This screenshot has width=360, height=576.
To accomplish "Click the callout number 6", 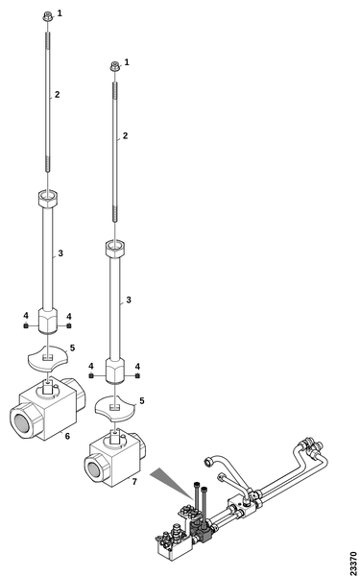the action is pyautogui.click(x=67, y=436).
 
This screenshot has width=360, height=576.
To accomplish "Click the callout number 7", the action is pyautogui.click(x=134, y=481).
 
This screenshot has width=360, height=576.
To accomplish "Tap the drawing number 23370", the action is pyautogui.click(x=353, y=563).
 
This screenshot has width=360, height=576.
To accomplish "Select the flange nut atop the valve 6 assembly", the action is pyautogui.click(x=47, y=16).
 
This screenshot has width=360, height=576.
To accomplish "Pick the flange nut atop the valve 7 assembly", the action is pyautogui.click(x=115, y=66).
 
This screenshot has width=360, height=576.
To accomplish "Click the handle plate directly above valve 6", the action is pyautogui.click(x=47, y=357).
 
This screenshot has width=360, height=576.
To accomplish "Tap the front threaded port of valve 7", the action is pyautogui.click(x=95, y=468).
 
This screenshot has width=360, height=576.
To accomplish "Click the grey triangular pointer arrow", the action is pyautogui.click(x=171, y=482).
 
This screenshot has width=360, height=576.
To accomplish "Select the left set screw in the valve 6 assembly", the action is pyautogui.click(x=26, y=325).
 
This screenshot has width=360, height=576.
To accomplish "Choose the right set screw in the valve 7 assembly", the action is pyautogui.click(x=137, y=375).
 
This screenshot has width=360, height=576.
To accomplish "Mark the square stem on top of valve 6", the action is pyautogui.click(x=48, y=386).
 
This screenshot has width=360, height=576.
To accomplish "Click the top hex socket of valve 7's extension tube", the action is pyautogui.click(x=115, y=249).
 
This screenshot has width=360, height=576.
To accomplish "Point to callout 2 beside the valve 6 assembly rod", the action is pyautogui.click(x=57, y=94).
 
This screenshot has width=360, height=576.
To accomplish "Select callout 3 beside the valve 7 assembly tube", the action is pyautogui.click(x=129, y=300).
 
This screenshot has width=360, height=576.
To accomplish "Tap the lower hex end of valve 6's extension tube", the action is pyautogui.click(x=48, y=321).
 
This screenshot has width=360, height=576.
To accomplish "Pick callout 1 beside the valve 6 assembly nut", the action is pyautogui.click(x=60, y=13).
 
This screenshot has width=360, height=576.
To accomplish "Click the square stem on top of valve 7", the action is pyautogui.click(x=116, y=437).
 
